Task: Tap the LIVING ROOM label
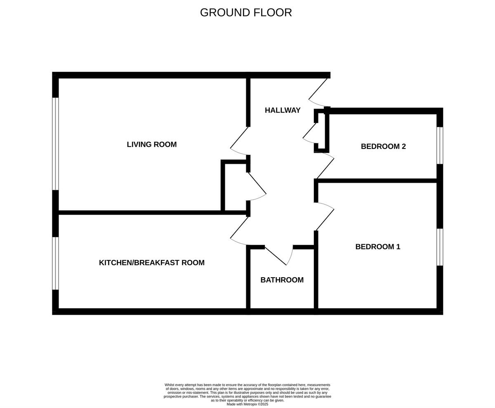pos(151,144)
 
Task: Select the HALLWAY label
pos(283,110)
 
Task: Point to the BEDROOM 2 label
pos(383,146)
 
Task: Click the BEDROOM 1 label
pos(377,247)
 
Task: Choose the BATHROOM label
pos(282,280)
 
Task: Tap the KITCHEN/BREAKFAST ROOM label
pos(151,262)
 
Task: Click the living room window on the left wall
pos(55,144)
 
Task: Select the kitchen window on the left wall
pos(55,263)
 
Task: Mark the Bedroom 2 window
pos(440,145)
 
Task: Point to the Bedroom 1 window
pos(440,247)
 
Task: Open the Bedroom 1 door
pos(325,216)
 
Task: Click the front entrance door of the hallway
pos(318,92)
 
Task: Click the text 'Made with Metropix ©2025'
pos(247,404)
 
